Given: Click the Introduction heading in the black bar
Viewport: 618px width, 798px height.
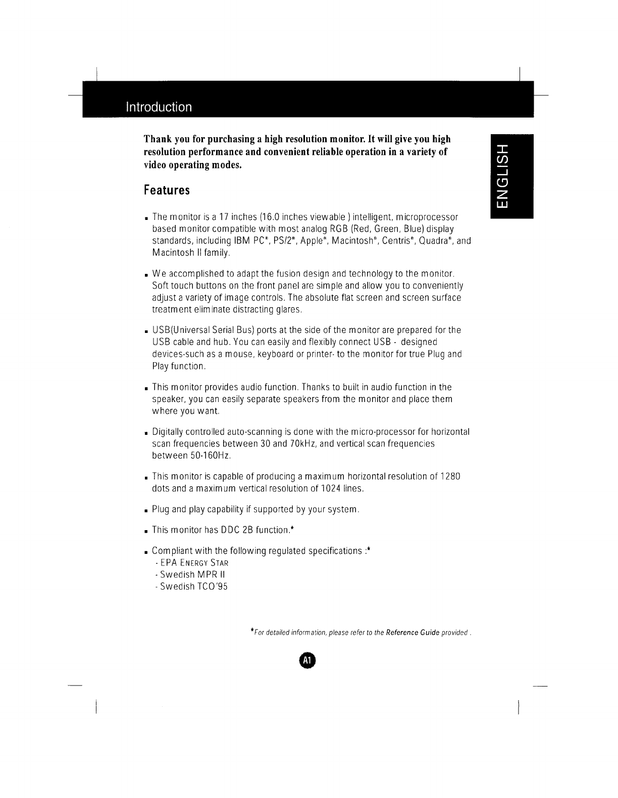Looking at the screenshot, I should pos(159,107).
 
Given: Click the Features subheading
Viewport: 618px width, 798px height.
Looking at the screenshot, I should pos(167,191).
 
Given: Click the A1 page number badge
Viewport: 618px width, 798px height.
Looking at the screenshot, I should pos(307,660).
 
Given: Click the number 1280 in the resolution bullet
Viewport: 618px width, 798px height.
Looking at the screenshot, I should pos(449,477).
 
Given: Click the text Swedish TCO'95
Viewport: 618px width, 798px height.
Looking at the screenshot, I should pos(193,587).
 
